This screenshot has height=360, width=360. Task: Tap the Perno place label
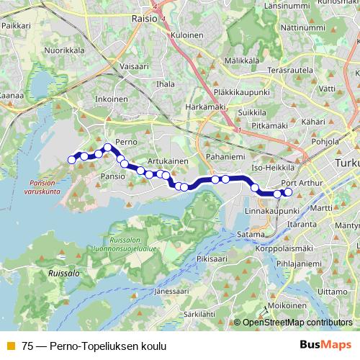pos(126,143)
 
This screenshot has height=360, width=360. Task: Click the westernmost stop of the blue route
pos(71,159)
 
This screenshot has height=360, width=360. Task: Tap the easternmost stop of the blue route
pos(288,192)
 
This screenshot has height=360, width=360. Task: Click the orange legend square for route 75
pos(9,345)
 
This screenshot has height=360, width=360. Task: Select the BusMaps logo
pos(325,345)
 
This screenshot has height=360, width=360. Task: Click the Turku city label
pos(346,164)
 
